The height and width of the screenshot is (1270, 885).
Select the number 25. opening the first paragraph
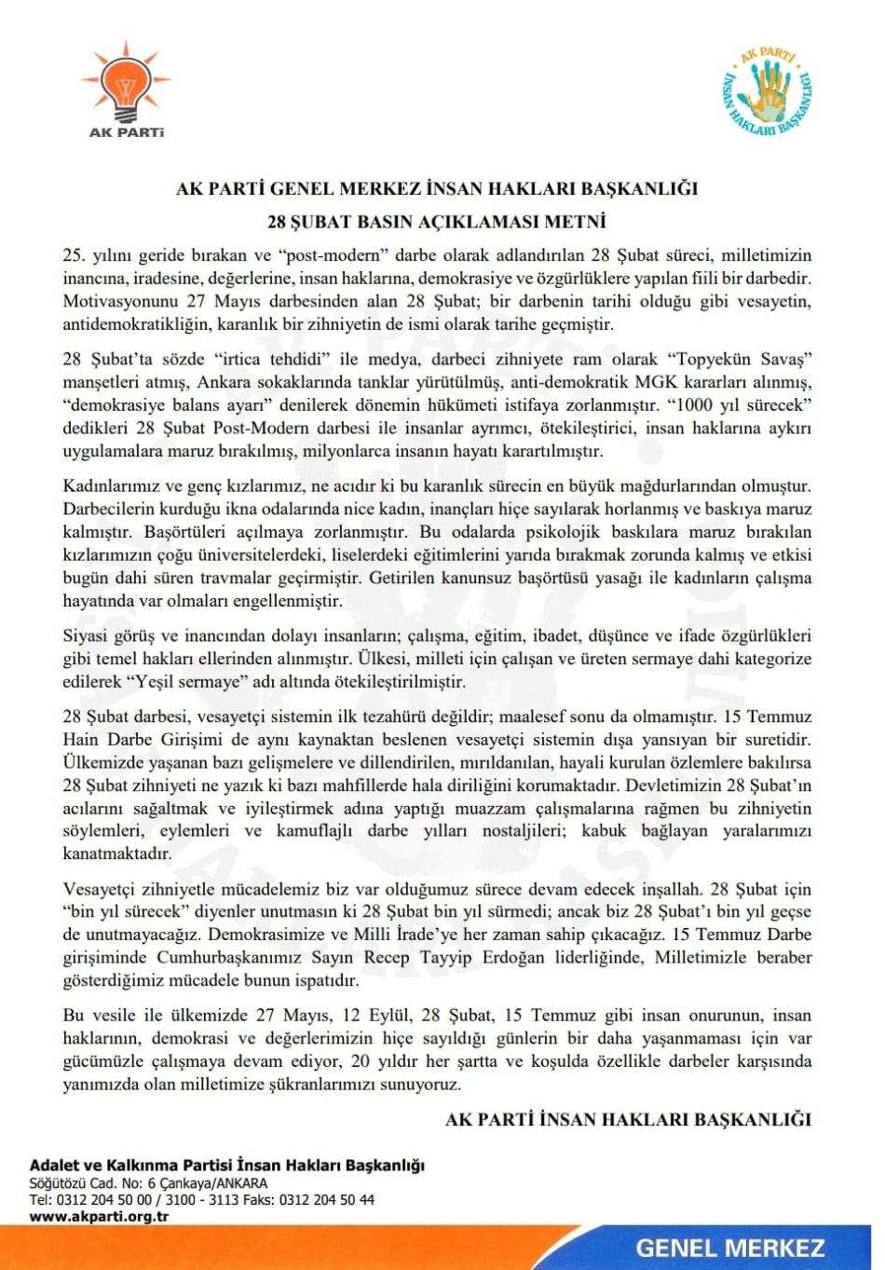[x=75, y=256]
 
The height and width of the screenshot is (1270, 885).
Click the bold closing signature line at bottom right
[x=628, y=1119]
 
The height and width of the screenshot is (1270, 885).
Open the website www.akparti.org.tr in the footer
[x=99, y=1217]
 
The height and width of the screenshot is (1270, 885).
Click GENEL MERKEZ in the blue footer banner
[x=730, y=1249]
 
